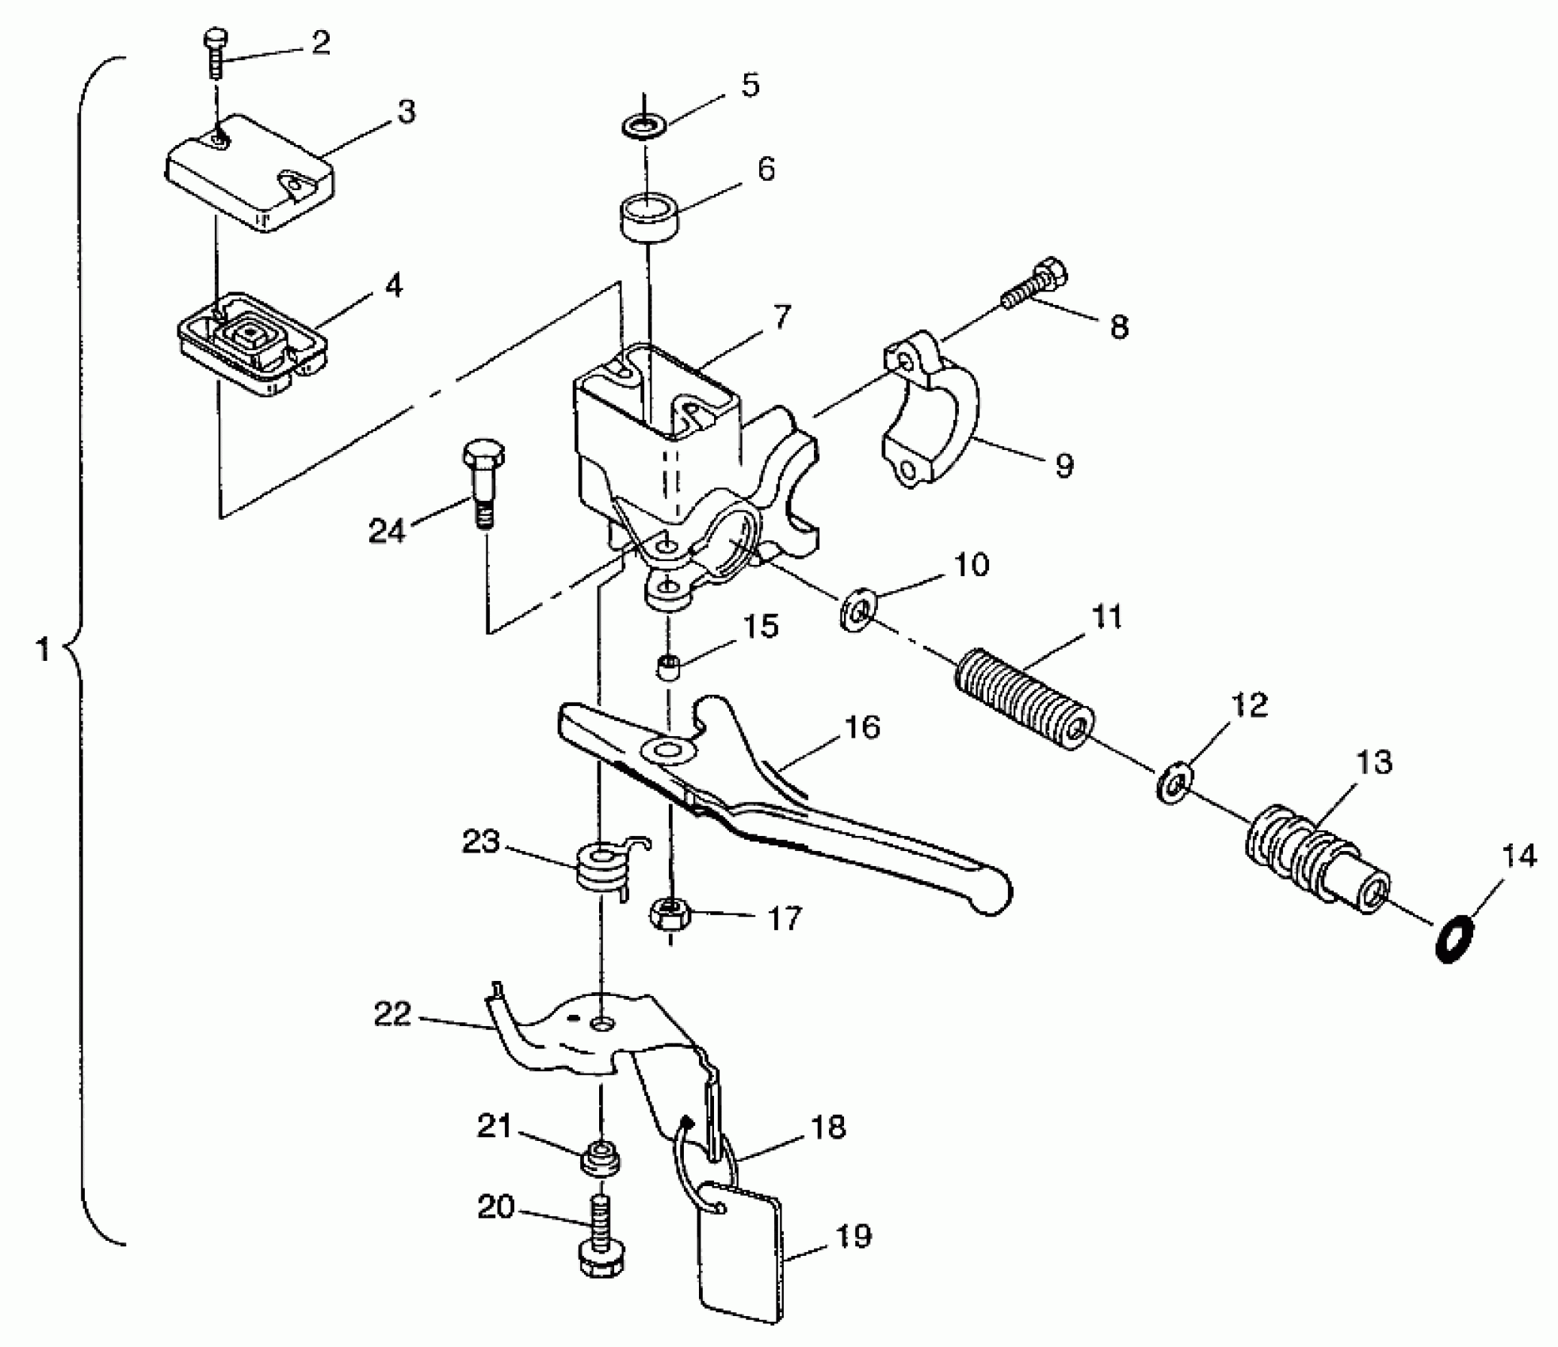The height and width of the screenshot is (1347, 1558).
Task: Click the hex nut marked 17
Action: coord(670,914)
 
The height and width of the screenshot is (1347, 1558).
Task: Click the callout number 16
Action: coord(862,726)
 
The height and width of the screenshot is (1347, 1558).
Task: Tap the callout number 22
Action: coord(393,1014)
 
